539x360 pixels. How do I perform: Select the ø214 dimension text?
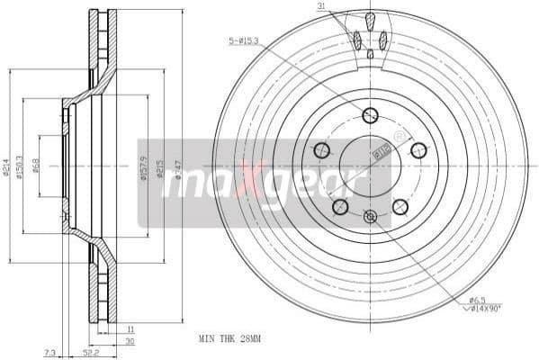point(7,167)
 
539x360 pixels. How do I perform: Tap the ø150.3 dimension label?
point(22,167)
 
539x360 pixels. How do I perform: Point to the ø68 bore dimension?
point(36,167)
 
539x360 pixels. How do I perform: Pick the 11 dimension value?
point(130,330)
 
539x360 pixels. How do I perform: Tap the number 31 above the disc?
point(321,8)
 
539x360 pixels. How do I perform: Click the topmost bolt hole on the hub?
point(370,115)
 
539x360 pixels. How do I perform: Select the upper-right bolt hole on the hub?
point(418,150)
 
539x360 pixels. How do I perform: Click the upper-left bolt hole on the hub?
point(321,150)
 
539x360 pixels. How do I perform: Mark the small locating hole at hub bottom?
point(370,216)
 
